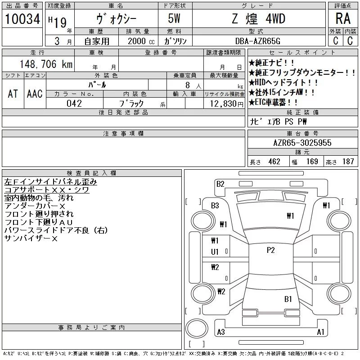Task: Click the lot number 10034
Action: (x=22, y=19)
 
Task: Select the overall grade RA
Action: (x=342, y=19)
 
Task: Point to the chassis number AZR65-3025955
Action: (x=302, y=143)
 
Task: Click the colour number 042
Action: (x=74, y=103)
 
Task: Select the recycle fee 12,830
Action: (x=224, y=103)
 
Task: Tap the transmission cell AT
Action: (x=13, y=94)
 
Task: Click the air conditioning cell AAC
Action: (x=35, y=94)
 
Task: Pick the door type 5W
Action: (x=175, y=19)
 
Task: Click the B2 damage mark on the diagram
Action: (x=220, y=184)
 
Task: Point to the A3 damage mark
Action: (x=220, y=332)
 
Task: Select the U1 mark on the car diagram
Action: (x=215, y=252)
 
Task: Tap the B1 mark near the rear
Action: (x=288, y=299)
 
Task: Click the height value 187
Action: (x=348, y=162)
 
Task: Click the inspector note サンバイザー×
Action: (x=31, y=239)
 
